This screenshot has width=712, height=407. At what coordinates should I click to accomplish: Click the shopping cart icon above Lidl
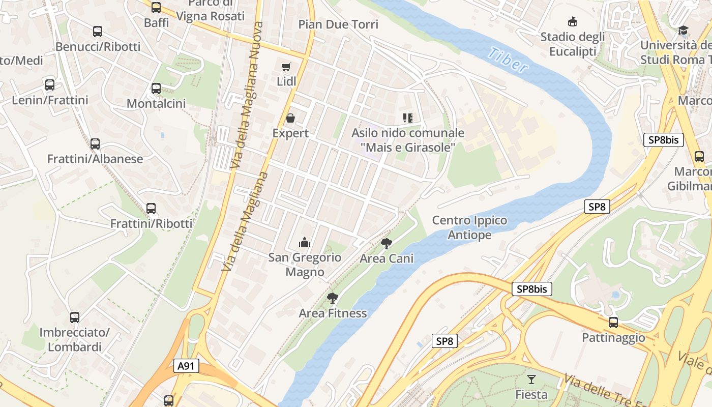(x=286, y=67)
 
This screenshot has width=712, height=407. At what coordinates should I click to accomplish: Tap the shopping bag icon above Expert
(x=290, y=118)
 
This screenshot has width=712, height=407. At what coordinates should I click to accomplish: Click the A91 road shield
(x=186, y=366)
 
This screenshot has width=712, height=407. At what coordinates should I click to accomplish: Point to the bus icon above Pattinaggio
(x=613, y=322)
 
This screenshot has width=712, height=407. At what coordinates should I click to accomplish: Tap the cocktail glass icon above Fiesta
(x=531, y=379)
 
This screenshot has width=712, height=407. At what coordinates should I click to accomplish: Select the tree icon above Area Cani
(x=387, y=243)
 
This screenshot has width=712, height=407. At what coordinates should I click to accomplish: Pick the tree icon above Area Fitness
(x=333, y=298)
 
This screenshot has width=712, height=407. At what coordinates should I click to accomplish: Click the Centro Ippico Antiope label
(x=469, y=227)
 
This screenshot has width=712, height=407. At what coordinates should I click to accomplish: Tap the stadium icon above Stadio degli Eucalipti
(x=573, y=21)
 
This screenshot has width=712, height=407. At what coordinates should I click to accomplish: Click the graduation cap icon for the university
(x=683, y=31)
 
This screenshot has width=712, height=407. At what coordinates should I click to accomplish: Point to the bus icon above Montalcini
(x=156, y=89)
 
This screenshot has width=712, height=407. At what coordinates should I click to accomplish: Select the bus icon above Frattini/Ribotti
(x=151, y=208)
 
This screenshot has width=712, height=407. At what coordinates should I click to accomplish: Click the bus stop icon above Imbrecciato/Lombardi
(x=75, y=317)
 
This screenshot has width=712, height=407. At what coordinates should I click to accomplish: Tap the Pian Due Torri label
(x=338, y=24)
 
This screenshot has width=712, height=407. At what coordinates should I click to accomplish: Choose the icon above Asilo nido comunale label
(x=407, y=118)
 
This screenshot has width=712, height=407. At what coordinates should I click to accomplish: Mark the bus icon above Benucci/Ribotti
(x=98, y=32)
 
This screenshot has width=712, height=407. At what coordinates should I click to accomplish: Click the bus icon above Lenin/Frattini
(x=50, y=85)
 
